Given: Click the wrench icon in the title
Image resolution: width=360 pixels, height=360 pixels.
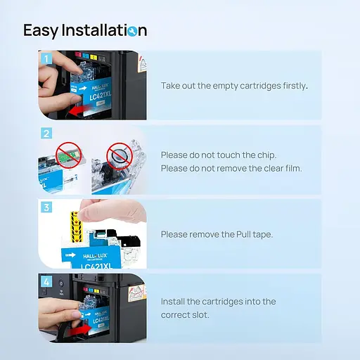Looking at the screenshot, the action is tap(132, 31).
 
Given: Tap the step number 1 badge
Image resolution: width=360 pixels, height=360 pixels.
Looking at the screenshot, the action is tap(46, 58).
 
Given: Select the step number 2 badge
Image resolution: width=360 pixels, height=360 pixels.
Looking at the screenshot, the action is tap(46, 134).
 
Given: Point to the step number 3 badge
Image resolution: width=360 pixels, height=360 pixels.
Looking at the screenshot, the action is tap(46, 207).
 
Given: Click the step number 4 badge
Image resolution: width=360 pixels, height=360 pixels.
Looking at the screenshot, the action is tap(46, 281).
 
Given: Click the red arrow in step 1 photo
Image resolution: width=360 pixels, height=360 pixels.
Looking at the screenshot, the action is tap(79, 110).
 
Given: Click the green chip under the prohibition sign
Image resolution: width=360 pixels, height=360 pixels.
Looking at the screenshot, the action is tap(69, 153).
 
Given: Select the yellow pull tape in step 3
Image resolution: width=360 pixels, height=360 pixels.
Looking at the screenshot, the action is tap(77, 226).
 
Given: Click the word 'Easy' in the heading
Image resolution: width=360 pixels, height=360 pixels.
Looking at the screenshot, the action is tap(41, 31).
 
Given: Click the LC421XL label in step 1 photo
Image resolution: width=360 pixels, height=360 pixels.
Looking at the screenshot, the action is tap(100, 95).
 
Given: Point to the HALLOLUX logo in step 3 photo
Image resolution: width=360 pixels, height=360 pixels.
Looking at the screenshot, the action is tap(95, 256).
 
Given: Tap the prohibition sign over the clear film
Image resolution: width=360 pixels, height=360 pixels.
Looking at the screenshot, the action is tap(120, 156).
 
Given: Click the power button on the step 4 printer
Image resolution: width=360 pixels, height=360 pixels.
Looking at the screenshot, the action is tap(61, 284).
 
